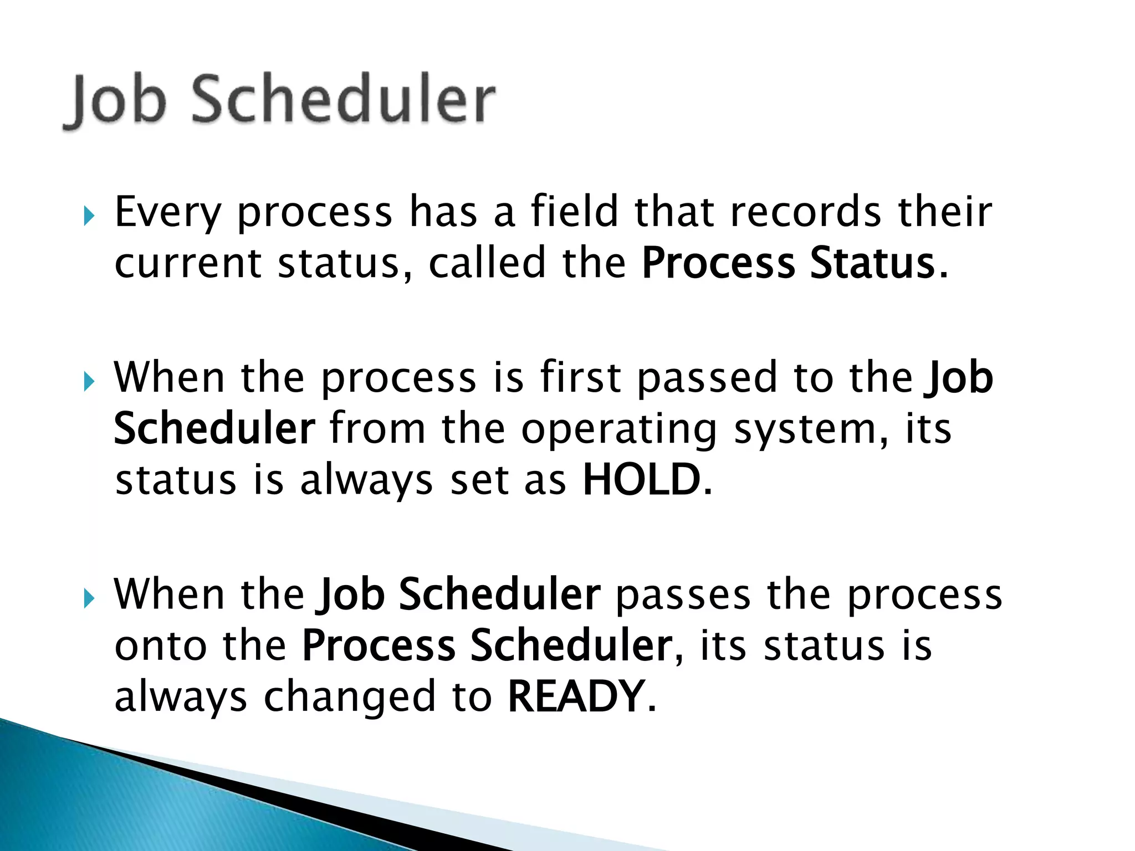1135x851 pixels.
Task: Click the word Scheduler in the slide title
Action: point(343,100)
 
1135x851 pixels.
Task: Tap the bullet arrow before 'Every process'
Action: point(89,216)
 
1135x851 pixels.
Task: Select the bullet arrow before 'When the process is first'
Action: point(89,381)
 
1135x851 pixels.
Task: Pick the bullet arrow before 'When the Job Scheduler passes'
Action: point(89,598)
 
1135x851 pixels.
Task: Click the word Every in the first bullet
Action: point(167,213)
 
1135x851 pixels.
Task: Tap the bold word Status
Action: point(872,263)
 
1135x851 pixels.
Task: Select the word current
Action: point(187,264)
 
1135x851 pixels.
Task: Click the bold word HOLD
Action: point(642,480)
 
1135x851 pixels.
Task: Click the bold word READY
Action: point(576,696)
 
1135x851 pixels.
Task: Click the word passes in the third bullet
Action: point(683,595)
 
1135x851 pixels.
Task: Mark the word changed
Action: point(349,698)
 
